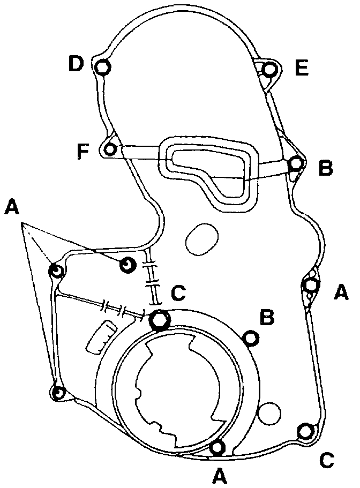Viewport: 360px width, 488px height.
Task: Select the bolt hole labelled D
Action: tap(103, 67)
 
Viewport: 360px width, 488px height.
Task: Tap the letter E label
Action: tap(302, 68)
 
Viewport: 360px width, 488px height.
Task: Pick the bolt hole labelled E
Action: tap(271, 70)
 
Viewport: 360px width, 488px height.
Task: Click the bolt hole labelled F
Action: tap(111, 149)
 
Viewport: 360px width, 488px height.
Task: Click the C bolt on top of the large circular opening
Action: tap(160, 320)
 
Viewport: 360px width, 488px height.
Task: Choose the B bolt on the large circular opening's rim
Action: tap(250, 337)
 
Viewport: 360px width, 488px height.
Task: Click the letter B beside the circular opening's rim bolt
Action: tap(267, 318)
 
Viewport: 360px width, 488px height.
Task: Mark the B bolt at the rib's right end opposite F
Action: tap(295, 163)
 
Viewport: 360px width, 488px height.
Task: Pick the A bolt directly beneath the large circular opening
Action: tap(218, 446)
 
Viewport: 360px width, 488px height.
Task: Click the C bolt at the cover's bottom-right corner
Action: tap(306, 430)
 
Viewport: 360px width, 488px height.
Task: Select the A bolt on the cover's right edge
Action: tap(311, 286)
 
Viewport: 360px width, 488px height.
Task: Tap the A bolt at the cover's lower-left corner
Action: tap(59, 393)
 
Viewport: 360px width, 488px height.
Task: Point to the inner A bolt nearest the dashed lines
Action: tap(127, 265)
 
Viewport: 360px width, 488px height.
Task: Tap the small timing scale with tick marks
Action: tap(100, 337)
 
